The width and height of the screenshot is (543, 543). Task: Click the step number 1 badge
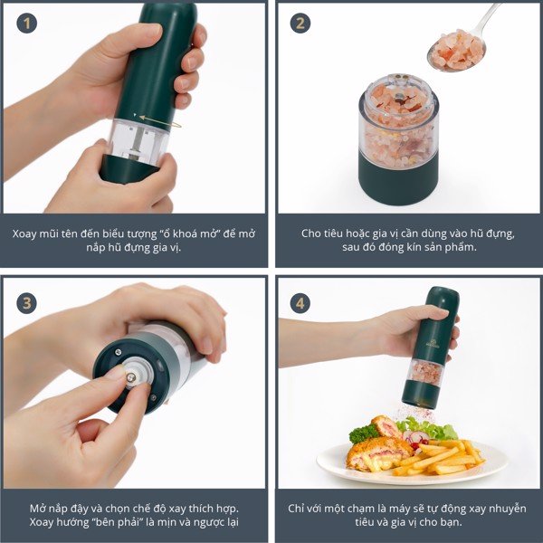click(x=26, y=24)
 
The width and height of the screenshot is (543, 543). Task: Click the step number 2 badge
click(x=300, y=24)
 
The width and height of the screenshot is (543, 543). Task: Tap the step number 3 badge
click(x=26, y=303)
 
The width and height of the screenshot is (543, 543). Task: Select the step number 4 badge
click(x=300, y=303)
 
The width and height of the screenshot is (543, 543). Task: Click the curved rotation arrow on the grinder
click(x=157, y=120)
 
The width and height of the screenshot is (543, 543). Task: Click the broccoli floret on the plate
click(x=363, y=433)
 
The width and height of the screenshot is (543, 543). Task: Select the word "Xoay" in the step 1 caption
click(x=24, y=233)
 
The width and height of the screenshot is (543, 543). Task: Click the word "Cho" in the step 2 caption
click(x=309, y=233)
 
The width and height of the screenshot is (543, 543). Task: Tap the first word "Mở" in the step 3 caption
click(x=37, y=509)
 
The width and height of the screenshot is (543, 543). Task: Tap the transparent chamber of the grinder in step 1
click(x=138, y=140)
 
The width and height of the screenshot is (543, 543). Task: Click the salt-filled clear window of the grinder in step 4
click(x=426, y=373)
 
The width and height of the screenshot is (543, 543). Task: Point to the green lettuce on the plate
click(x=433, y=429)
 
